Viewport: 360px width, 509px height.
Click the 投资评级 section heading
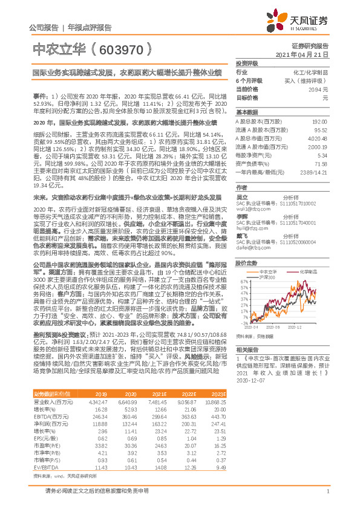tap(247, 63)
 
